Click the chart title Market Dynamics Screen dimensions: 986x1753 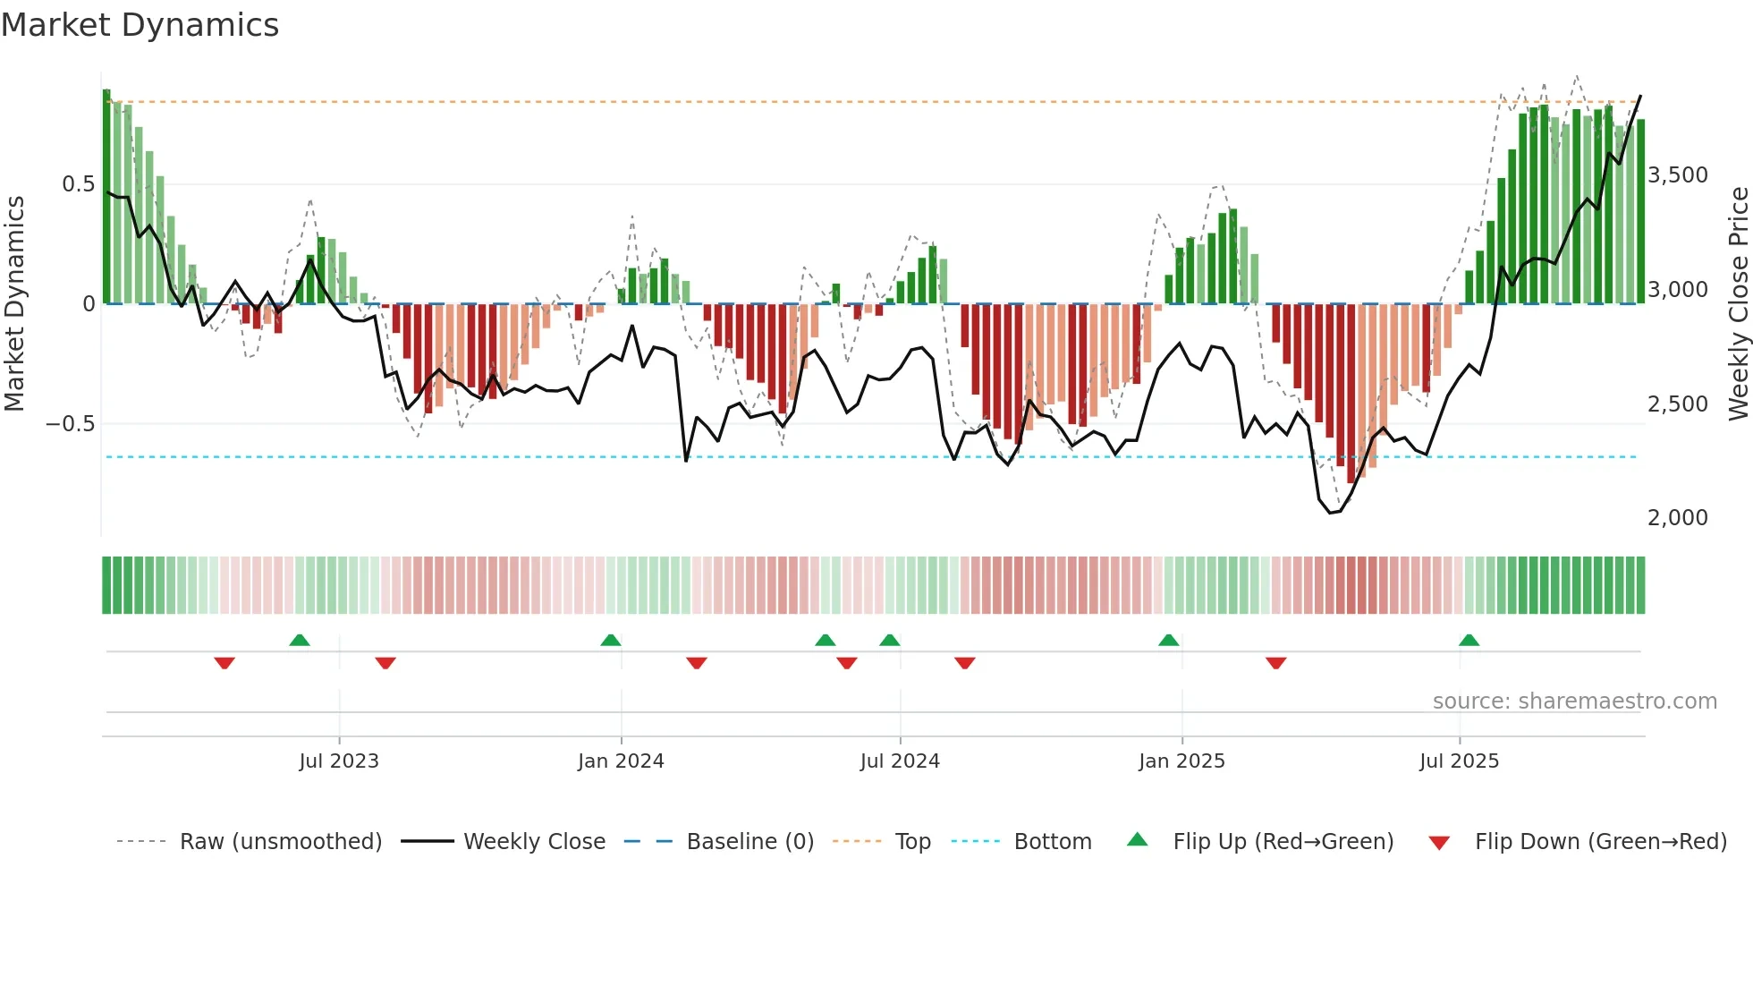click(x=140, y=25)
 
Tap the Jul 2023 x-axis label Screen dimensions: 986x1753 click(x=339, y=761)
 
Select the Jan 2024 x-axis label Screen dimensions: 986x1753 click(x=621, y=761)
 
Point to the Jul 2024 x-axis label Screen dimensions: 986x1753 click(x=900, y=761)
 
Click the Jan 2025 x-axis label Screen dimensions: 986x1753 click(x=1181, y=761)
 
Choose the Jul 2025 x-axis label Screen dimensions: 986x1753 click(x=1459, y=761)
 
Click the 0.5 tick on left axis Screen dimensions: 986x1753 click(x=78, y=184)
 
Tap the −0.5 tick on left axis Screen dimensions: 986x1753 click(x=71, y=424)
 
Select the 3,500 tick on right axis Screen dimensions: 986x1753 click(x=1677, y=175)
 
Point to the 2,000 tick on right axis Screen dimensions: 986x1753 click(x=1677, y=518)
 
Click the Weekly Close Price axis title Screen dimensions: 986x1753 click(x=1738, y=304)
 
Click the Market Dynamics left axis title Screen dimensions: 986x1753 click(x=15, y=304)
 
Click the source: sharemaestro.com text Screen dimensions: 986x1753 click(x=1574, y=701)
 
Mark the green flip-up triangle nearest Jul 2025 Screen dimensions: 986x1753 click(x=1469, y=640)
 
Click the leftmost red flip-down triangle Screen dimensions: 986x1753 click(x=224, y=663)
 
